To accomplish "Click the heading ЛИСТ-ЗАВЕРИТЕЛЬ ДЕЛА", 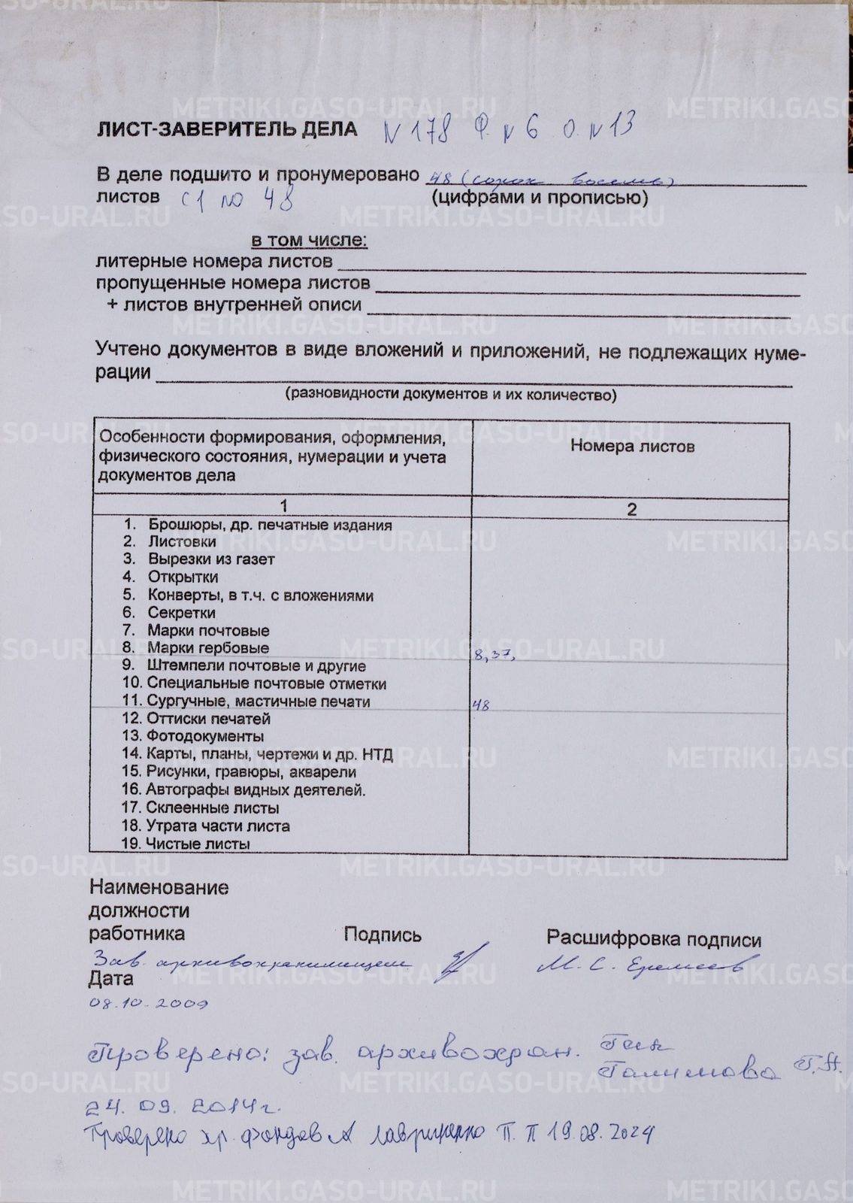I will [226, 130].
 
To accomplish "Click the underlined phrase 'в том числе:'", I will [309, 241].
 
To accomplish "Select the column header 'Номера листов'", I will [631, 446].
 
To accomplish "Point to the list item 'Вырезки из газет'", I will [211, 559].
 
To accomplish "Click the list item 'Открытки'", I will [183, 577].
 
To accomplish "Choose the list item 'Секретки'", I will [181, 613].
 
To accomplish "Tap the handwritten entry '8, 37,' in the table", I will [494, 656].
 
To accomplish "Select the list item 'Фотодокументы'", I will [204, 736].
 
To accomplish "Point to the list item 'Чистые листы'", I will [198, 844].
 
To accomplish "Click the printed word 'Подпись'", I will [383, 935].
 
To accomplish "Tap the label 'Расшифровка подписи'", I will [653, 939].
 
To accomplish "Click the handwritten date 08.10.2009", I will [148, 1004].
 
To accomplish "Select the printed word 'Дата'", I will [110, 979].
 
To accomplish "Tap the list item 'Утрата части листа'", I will [217, 826].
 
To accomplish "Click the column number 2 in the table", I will [631, 510].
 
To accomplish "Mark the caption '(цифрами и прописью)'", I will [539, 198].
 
